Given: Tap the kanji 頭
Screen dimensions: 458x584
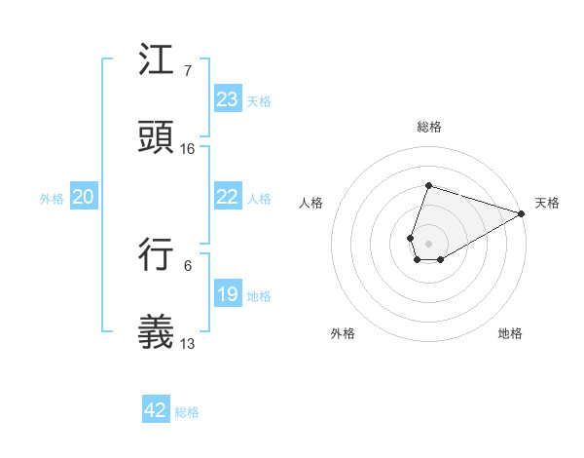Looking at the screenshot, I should pyautogui.click(x=156, y=137).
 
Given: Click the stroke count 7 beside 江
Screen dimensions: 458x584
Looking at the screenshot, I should pyautogui.click(x=187, y=71).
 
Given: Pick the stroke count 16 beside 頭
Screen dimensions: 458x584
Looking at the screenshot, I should pyautogui.click(x=188, y=149).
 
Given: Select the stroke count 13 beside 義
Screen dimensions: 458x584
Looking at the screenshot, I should pyautogui.click(x=188, y=344).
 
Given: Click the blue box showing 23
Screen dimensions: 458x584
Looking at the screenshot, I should pyautogui.click(x=227, y=99).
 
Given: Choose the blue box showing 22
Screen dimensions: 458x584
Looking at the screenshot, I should pyautogui.click(x=227, y=197).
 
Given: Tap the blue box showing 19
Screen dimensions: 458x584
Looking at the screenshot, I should pyautogui.click(x=227, y=294).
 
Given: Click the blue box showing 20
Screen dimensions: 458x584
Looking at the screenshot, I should pyautogui.click(x=83, y=197).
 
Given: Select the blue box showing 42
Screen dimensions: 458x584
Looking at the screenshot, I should pyautogui.click(x=155, y=410).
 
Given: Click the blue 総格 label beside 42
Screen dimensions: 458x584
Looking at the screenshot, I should pyautogui.click(x=187, y=412).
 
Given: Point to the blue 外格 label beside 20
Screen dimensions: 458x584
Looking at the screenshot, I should pyautogui.click(x=52, y=199).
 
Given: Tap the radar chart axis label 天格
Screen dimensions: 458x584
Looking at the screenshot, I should pyautogui.click(x=547, y=203).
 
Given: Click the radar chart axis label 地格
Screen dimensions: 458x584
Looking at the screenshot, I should pyautogui.click(x=510, y=333).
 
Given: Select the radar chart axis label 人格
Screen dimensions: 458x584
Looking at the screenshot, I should pyautogui.click(x=311, y=203).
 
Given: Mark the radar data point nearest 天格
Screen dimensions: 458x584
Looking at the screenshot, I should pyautogui.click(x=521, y=213).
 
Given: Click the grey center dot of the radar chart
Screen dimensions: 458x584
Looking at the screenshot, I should pyautogui.click(x=428, y=243).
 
